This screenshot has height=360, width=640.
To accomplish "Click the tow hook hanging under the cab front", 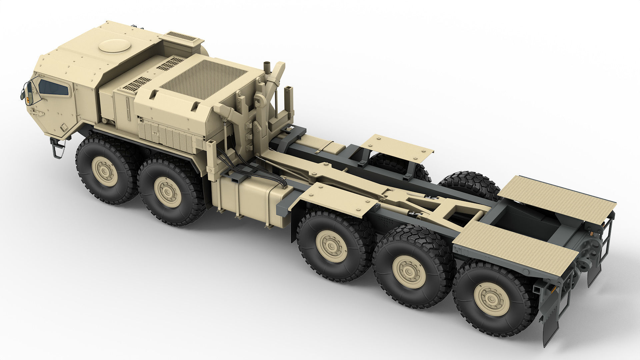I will click(58, 148).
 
